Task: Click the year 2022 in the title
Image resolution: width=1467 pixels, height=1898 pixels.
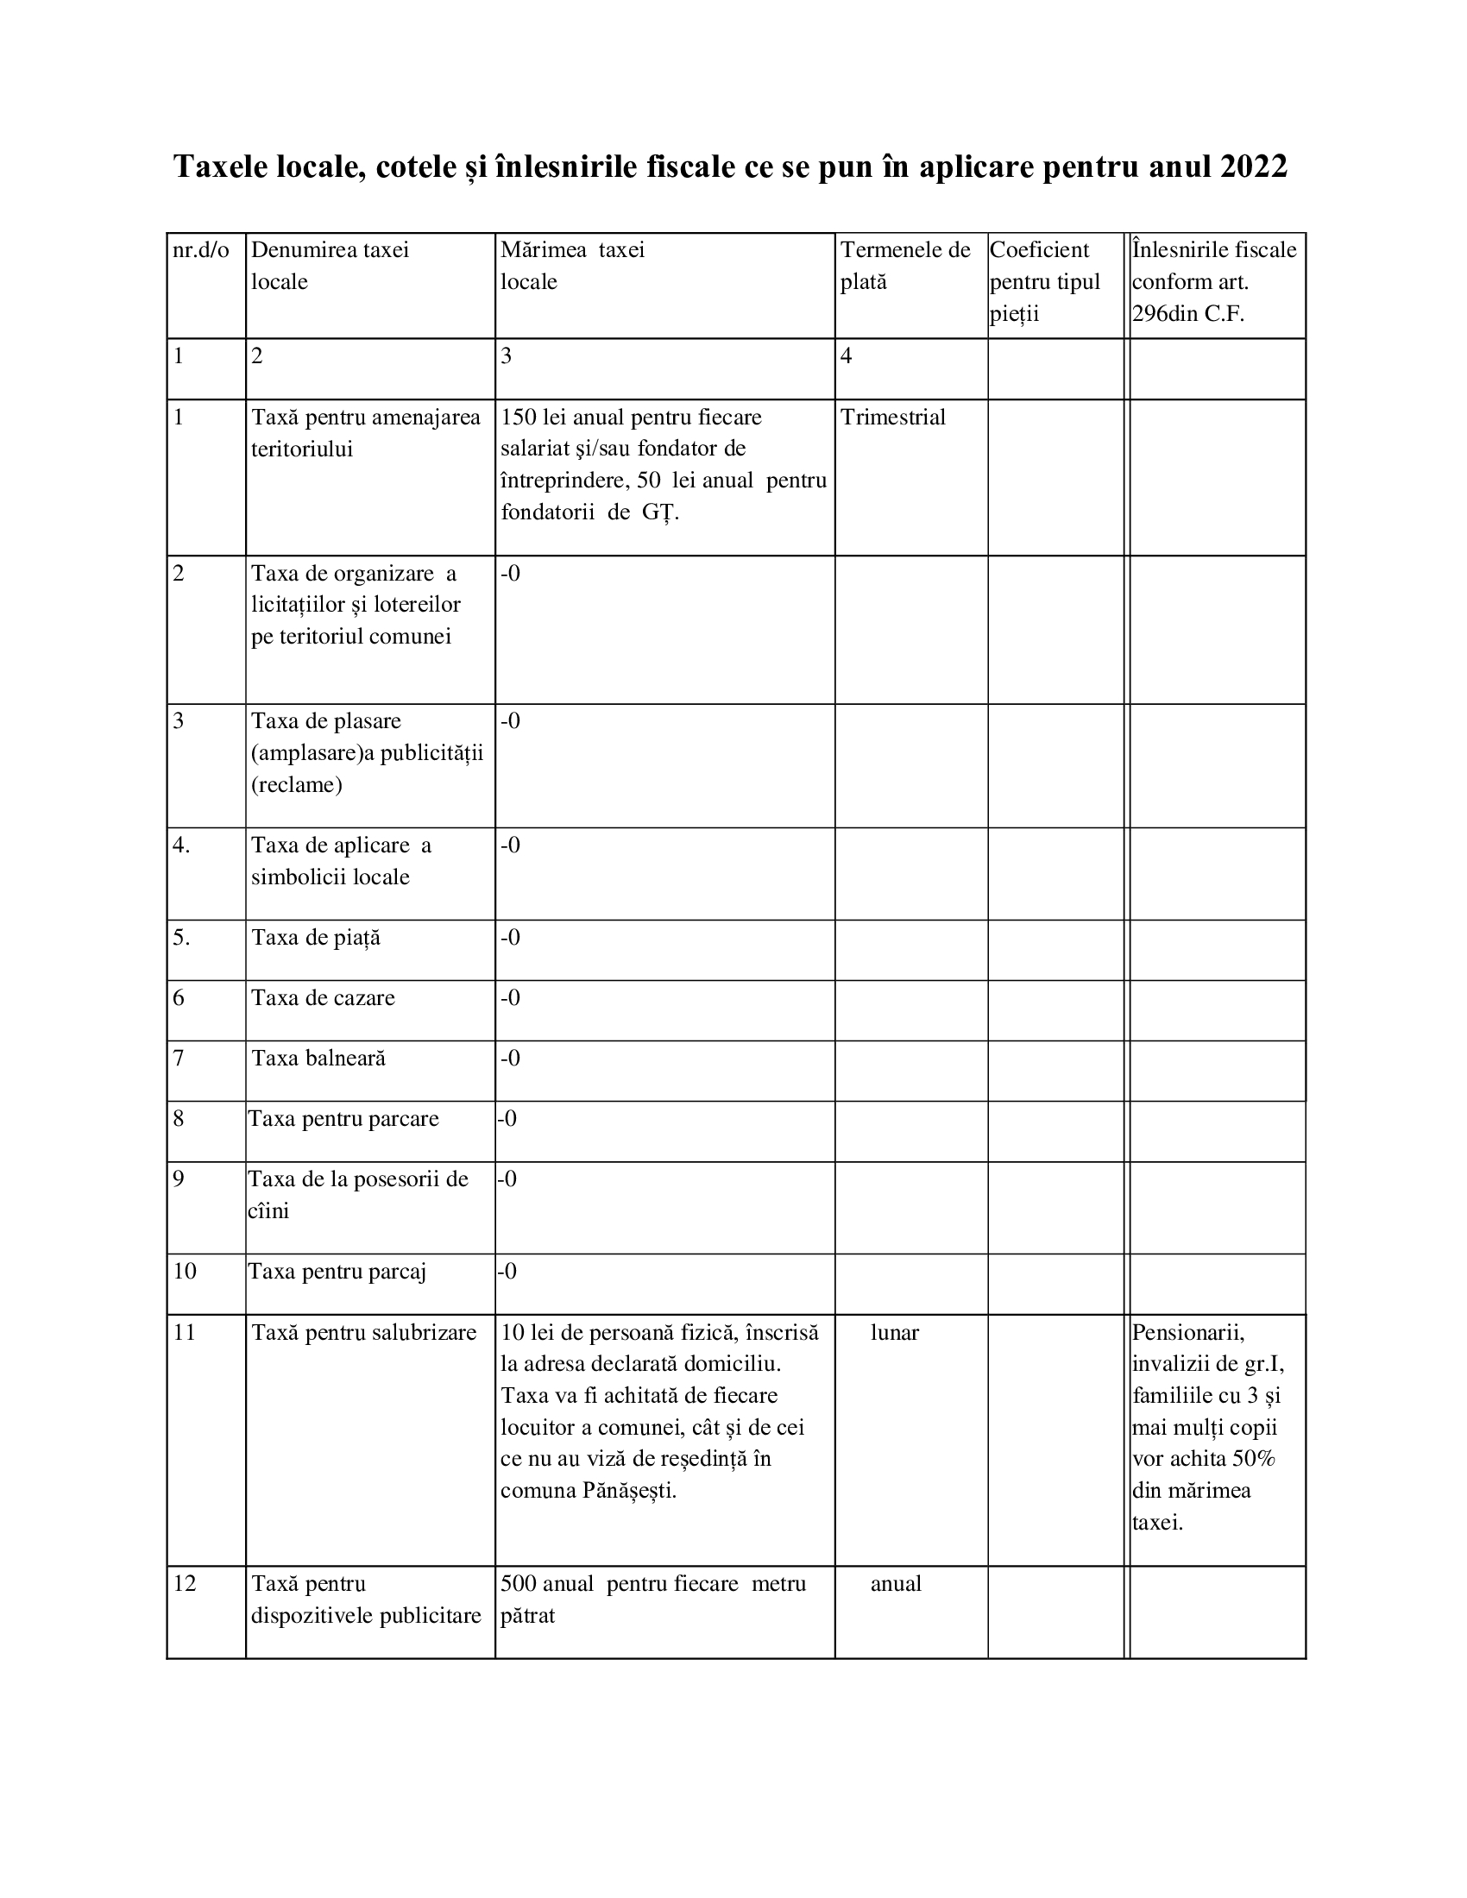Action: coord(1253,167)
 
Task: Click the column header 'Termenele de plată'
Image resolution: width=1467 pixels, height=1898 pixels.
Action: coord(904,266)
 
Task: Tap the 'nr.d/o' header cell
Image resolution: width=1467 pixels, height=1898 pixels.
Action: coord(201,251)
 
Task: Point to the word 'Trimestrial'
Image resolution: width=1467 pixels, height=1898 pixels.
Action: coord(892,418)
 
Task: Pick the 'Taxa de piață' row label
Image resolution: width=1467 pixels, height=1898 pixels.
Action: coord(317,938)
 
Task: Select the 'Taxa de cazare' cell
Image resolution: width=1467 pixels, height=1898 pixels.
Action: coord(324,997)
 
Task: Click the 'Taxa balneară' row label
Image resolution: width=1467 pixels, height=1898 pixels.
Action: coord(319,1059)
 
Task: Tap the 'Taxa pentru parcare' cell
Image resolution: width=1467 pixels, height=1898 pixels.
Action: coord(344,1118)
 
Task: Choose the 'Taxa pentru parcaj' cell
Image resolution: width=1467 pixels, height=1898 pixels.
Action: coord(337,1272)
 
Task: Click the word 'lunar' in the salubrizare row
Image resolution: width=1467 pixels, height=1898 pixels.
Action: coord(894,1332)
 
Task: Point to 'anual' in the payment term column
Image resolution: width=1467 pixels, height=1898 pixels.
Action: coord(896,1583)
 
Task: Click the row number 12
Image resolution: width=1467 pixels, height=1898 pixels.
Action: coord(186,1583)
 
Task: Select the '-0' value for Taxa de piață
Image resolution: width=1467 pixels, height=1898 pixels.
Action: coord(510,938)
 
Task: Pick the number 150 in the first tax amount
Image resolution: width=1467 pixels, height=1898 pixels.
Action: coord(518,418)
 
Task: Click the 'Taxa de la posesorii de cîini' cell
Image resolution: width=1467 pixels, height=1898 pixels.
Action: coord(358,1195)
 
